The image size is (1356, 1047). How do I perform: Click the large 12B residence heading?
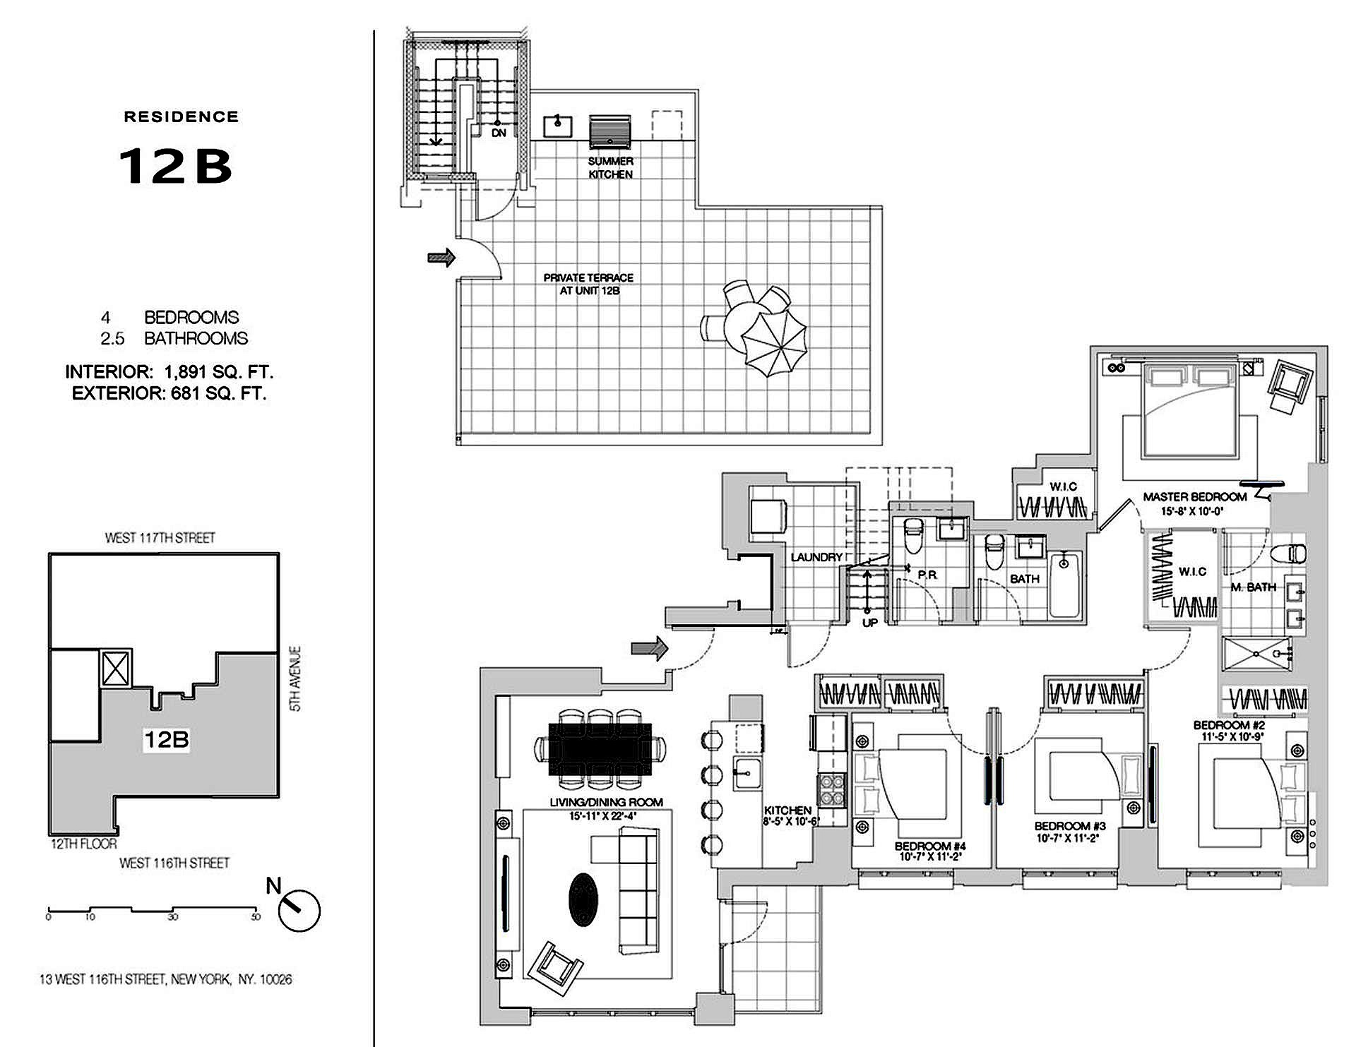(176, 167)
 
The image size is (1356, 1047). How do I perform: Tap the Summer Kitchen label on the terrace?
(611, 168)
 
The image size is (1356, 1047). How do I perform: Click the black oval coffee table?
(583, 897)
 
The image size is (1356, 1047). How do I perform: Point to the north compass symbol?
(299, 911)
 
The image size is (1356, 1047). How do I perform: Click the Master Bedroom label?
(1194, 497)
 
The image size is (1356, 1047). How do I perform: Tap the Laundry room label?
(816, 557)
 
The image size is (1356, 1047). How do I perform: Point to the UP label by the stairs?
(870, 623)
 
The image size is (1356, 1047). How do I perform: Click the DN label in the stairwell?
(499, 133)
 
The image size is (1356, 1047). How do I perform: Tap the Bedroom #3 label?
(1070, 826)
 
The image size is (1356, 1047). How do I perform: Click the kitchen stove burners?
(831, 790)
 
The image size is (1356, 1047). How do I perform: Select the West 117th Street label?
(160, 538)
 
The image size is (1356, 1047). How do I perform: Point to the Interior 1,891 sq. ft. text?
(169, 371)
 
